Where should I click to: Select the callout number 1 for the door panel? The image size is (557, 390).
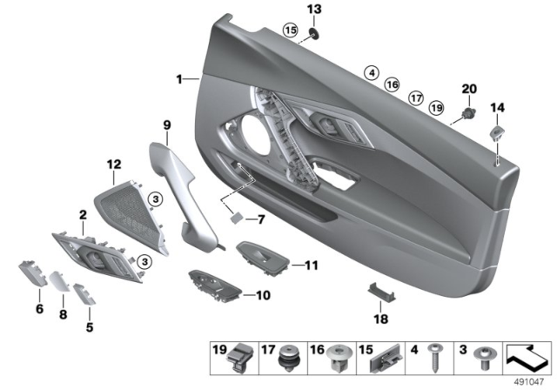[x=179, y=79]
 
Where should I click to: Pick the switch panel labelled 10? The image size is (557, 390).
[x=214, y=285]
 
